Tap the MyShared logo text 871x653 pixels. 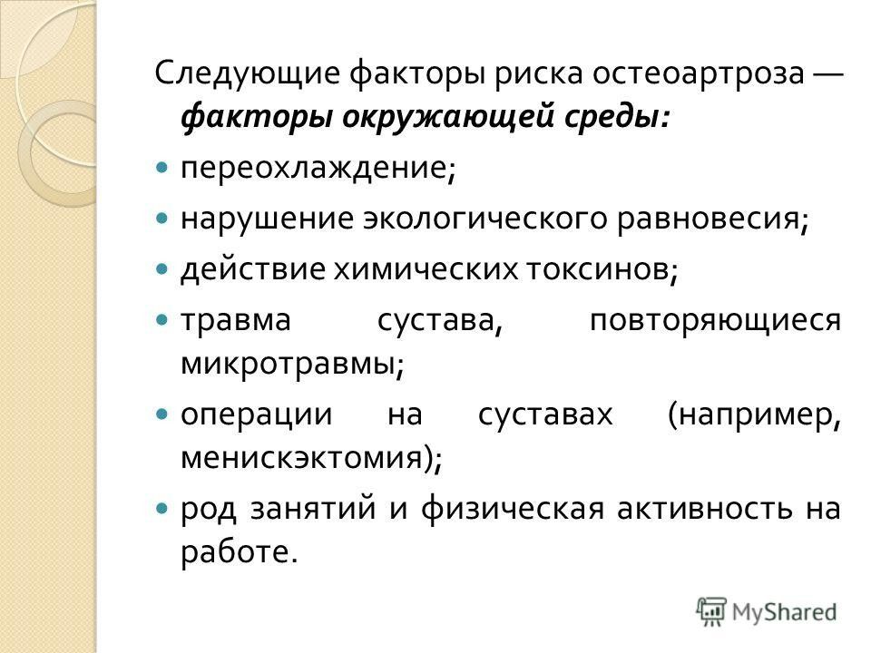[785, 612]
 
